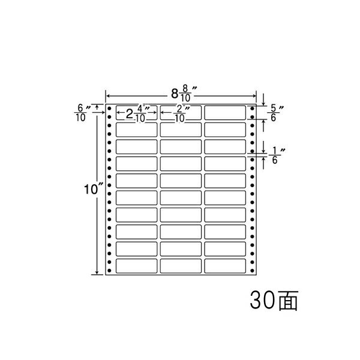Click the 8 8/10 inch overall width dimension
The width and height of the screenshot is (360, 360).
click(184, 93)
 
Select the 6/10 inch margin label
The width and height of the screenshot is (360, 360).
click(82, 113)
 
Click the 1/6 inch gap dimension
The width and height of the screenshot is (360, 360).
click(277, 155)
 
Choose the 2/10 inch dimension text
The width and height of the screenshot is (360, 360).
click(181, 113)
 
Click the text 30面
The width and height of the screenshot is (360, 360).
click(274, 301)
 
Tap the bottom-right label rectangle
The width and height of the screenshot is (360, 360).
click(225, 266)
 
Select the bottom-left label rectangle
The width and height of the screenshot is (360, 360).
click(137, 266)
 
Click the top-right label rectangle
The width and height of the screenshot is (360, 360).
click(225, 113)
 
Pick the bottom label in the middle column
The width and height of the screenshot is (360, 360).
click(181, 266)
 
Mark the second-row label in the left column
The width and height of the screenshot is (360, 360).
click(137, 130)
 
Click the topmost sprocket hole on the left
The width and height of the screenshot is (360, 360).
click(109, 109)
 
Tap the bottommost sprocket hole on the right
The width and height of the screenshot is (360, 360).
click(252, 271)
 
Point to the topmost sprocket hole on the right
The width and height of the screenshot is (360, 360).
click(252, 109)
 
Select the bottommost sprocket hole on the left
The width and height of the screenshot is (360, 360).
click(109, 271)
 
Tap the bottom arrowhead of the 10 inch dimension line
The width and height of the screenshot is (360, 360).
click(97, 272)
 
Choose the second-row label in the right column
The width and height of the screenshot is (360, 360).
click(225, 130)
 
